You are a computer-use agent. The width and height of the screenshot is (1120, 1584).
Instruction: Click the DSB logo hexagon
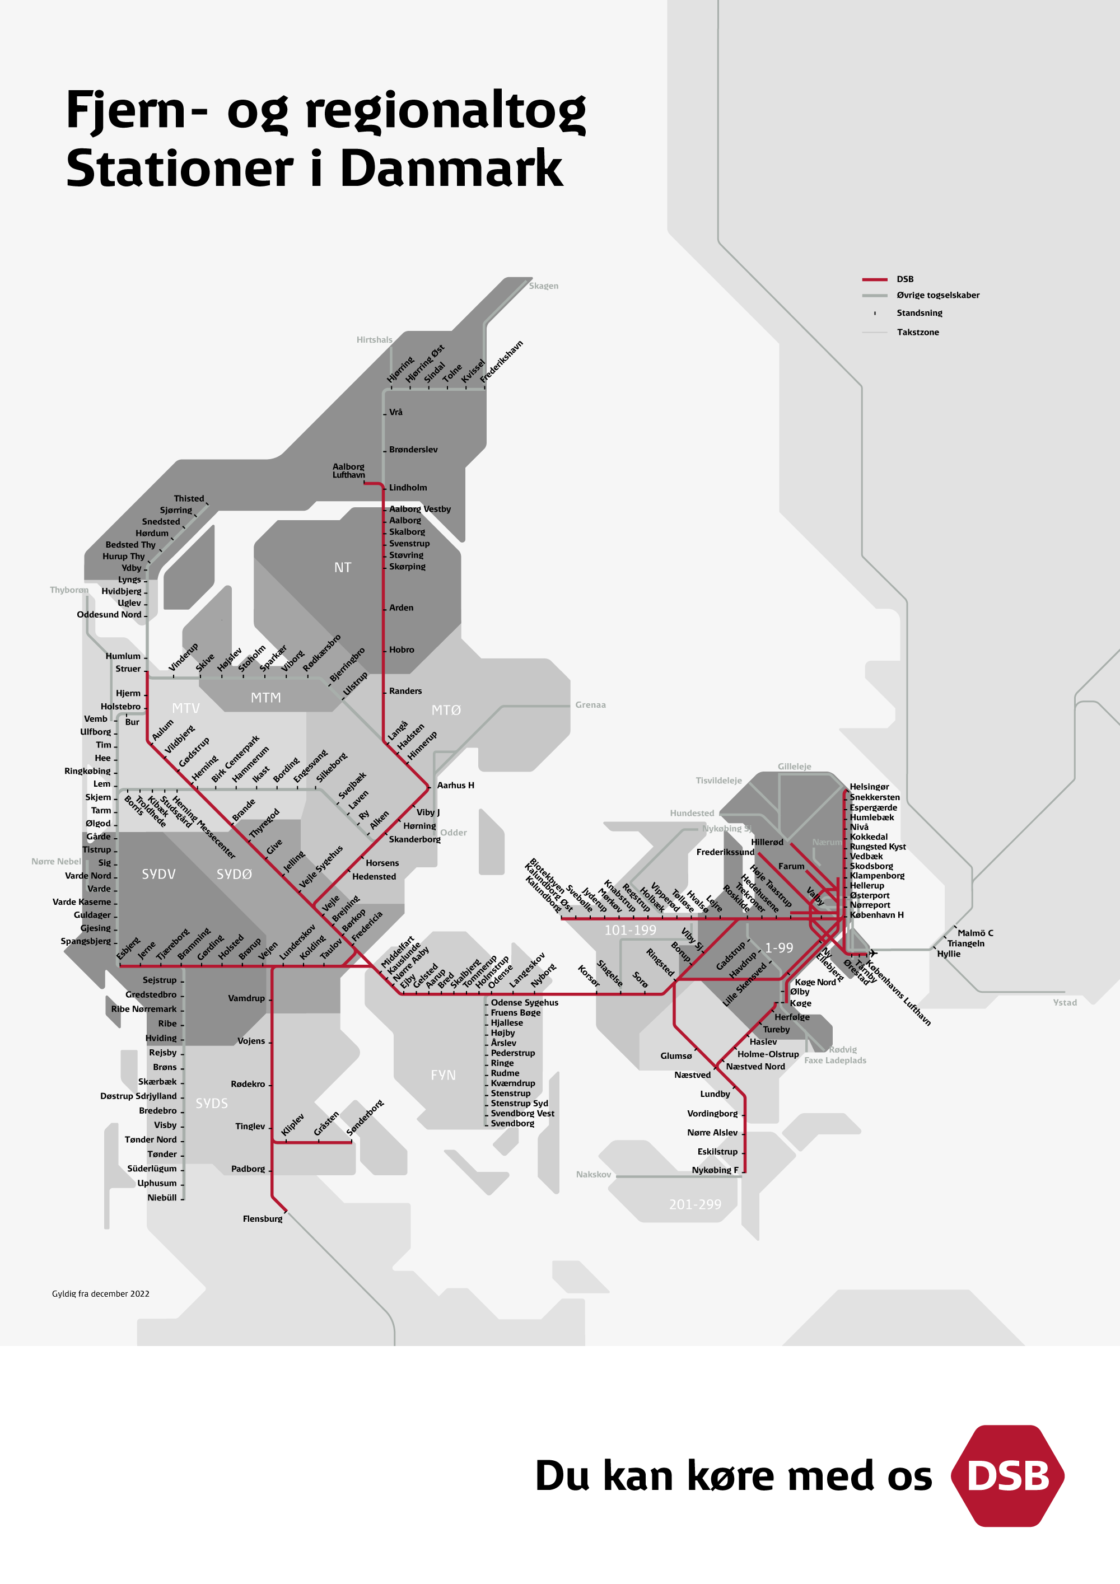click(1007, 1476)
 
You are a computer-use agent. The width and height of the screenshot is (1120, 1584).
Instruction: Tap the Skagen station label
click(543, 286)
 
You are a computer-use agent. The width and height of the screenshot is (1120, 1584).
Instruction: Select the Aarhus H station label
click(455, 785)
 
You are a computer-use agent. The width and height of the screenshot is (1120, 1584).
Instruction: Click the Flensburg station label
click(262, 1218)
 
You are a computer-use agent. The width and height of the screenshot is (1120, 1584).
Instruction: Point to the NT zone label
click(342, 568)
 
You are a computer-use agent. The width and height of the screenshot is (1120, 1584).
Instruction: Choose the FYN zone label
click(443, 1075)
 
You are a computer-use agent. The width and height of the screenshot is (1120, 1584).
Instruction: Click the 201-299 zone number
click(694, 1204)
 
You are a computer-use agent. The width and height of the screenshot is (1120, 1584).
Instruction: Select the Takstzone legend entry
click(917, 333)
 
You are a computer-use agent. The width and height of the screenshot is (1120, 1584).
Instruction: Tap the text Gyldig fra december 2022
click(101, 1293)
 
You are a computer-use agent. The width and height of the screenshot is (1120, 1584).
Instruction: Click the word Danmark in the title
click(452, 169)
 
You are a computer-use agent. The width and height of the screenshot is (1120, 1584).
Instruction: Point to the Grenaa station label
click(590, 704)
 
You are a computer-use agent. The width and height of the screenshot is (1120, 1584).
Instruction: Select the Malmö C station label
click(975, 933)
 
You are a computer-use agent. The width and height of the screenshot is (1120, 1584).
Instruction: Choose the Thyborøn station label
click(69, 590)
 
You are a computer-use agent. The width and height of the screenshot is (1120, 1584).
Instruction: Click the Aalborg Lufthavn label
click(348, 470)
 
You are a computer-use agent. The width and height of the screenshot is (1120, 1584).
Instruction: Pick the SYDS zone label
click(211, 1104)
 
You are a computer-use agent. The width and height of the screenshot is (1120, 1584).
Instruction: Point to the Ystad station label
click(1064, 1002)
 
